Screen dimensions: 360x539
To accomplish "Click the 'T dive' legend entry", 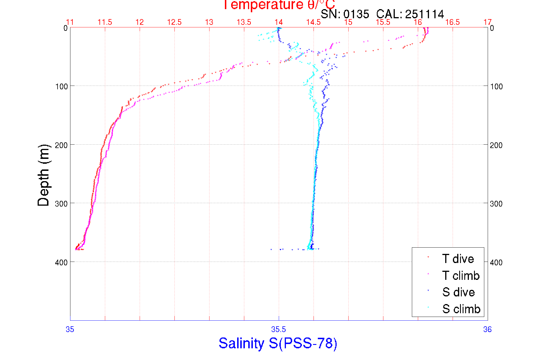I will pyautogui.click(x=458, y=259).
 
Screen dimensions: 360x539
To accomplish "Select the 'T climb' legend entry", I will pyautogui.click(x=461, y=276).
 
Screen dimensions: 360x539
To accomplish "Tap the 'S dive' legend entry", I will pyautogui.click(x=458, y=292).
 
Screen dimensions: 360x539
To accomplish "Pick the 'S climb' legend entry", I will pyautogui.click(x=461, y=309).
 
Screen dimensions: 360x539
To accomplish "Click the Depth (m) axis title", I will pyautogui.click(x=44, y=175).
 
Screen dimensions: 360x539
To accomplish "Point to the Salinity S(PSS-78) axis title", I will pyautogui.click(x=278, y=343).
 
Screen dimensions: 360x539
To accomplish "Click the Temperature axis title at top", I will pyautogui.click(x=279, y=5).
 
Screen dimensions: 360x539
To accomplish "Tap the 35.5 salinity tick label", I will pyautogui.click(x=278, y=329).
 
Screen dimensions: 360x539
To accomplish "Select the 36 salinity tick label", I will pyautogui.click(x=487, y=329).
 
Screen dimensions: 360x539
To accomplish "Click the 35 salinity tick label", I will pyautogui.click(x=70, y=329).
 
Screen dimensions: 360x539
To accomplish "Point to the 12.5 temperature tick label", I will pyautogui.click(x=174, y=22).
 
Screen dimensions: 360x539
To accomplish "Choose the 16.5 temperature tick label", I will pyautogui.click(x=453, y=22).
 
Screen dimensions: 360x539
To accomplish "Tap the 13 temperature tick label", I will pyautogui.click(x=209, y=22).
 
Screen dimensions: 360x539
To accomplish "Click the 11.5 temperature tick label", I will pyautogui.click(x=105, y=22).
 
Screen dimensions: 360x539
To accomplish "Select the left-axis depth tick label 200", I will pyautogui.click(x=61, y=145).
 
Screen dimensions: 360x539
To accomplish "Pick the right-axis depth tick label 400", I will pyautogui.click(x=496, y=262).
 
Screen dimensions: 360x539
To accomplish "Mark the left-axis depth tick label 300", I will pyautogui.click(x=61, y=204).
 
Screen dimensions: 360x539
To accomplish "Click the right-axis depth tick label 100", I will pyautogui.click(x=496, y=86).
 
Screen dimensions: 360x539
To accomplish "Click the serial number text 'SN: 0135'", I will pyautogui.click(x=345, y=14).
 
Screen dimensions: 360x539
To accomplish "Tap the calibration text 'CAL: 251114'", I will pyautogui.click(x=410, y=14).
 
